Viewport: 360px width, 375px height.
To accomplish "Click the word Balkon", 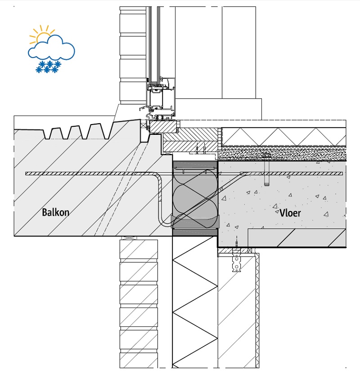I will click(x=56, y=212).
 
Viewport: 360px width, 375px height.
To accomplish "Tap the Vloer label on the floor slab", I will click(x=290, y=212).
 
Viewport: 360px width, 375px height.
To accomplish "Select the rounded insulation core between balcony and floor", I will click(x=195, y=198).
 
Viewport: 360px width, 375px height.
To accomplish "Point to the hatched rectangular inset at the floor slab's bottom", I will click(x=297, y=237).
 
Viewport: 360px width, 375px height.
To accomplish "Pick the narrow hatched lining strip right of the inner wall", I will click(x=257, y=310).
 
